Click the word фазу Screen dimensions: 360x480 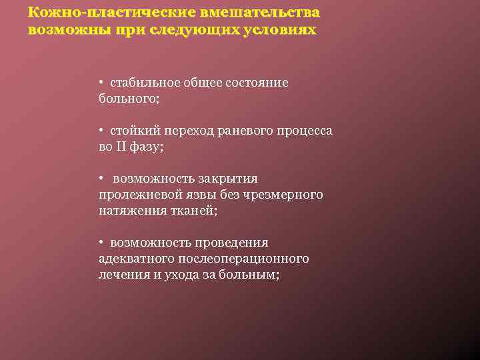147,147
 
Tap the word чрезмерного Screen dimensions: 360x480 285,194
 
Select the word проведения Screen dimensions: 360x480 232,243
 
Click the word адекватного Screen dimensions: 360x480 139,258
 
